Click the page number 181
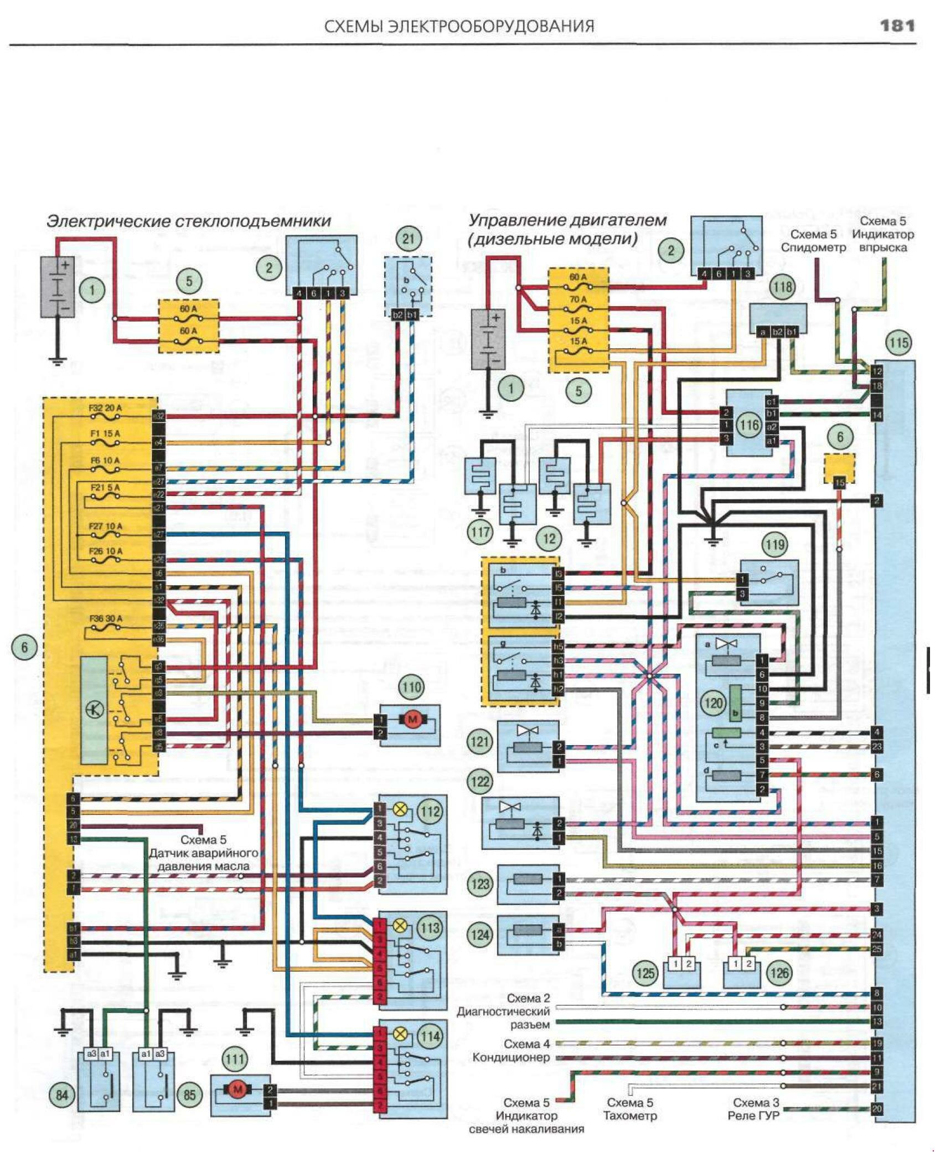point(897,26)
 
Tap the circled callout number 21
point(409,240)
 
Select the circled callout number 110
point(412,688)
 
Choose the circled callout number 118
point(782,287)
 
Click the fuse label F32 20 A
point(105,408)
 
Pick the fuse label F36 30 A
point(105,619)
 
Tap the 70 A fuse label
point(578,299)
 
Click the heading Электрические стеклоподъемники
point(189,221)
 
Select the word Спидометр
point(813,247)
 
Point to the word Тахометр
point(630,1115)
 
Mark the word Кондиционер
point(510,1057)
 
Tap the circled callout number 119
point(774,545)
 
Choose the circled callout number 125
point(645,973)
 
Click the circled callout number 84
point(61,1094)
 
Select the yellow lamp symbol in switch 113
point(399,926)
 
